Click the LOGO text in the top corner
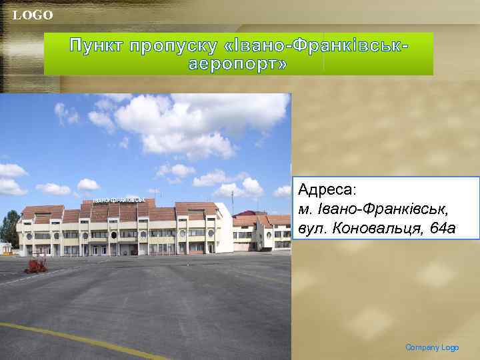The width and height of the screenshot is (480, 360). click(x=33, y=15)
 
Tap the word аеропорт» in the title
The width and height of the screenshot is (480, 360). click(x=238, y=64)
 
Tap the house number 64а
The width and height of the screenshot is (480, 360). click(x=442, y=229)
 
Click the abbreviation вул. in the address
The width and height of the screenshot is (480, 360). click(x=311, y=229)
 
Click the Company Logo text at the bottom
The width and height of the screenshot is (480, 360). click(x=432, y=347)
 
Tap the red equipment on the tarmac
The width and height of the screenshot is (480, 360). click(x=36, y=265)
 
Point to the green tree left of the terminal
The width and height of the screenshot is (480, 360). click(x=9, y=227)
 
